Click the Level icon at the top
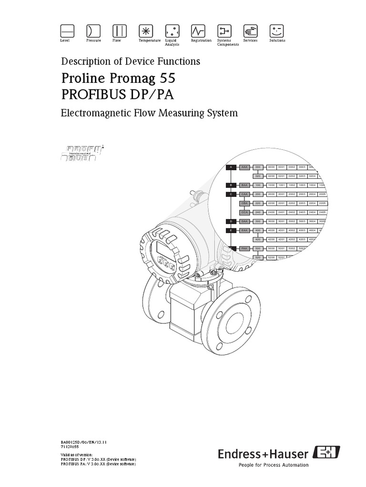[x=67, y=31]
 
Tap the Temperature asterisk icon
[x=145, y=31]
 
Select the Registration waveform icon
[x=197, y=31]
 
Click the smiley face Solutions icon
[x=276, y=31]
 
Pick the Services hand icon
[x=250, y=31]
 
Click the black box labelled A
[x=231, y=167]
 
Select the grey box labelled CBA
[x=244, y=203]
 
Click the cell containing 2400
[x=272, y=212]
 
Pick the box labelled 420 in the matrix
[x=258, y=239]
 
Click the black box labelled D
[x=231, y=221]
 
